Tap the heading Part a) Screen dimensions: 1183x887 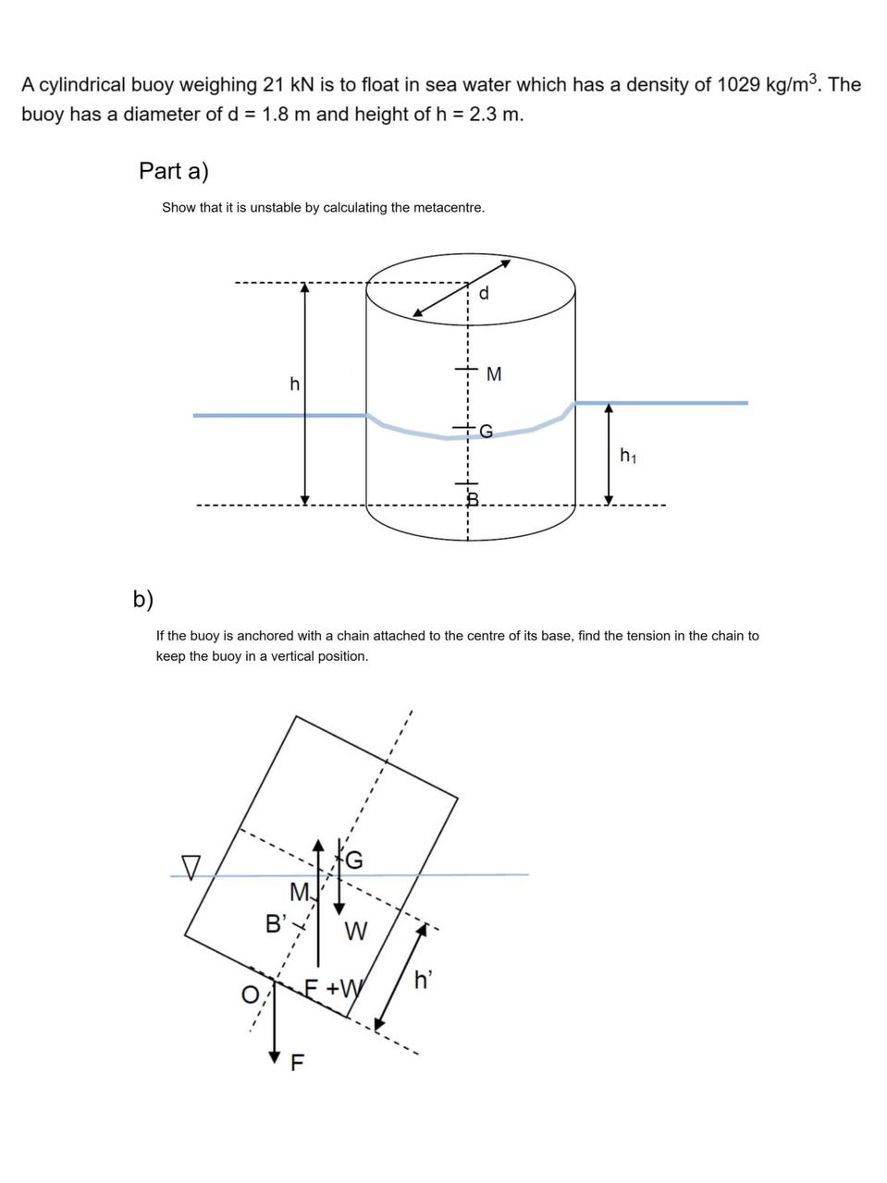173,171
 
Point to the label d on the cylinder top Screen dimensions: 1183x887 484,294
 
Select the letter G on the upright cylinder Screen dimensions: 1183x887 487,431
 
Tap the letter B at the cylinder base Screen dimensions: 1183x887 471,500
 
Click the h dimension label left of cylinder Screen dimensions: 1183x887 294,384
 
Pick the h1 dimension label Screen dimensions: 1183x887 628,455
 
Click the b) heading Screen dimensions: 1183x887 142,599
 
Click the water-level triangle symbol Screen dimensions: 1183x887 191,867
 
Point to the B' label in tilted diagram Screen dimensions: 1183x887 277,922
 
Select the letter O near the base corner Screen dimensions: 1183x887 250,994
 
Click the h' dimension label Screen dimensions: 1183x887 423,981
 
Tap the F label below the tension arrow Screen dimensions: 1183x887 297,1063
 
